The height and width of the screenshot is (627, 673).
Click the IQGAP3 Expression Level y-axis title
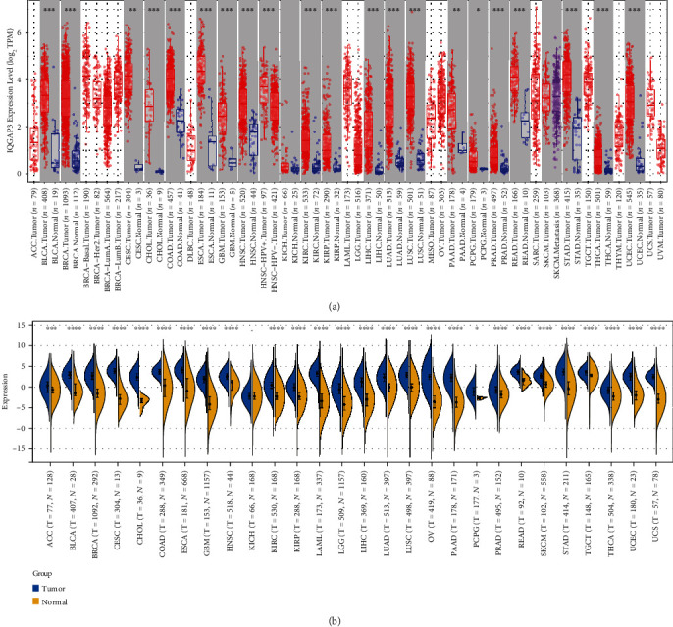coord(9,89)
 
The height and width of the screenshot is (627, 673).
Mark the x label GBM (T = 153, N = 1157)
coord(207,504)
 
